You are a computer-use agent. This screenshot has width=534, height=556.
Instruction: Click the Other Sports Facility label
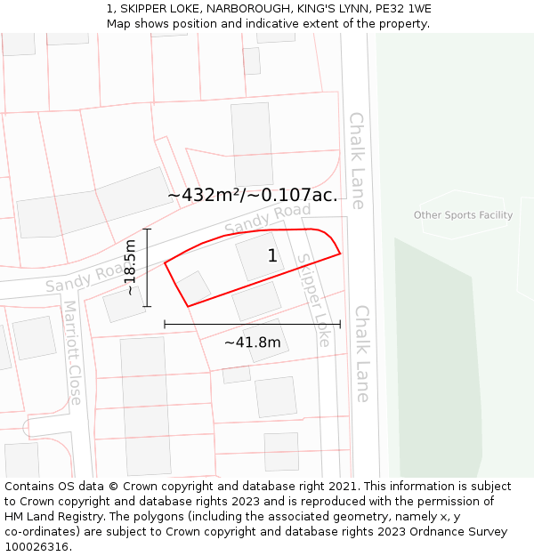463,215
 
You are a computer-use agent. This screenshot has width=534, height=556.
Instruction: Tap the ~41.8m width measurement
252,342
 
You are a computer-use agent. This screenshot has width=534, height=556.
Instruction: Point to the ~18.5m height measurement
130,267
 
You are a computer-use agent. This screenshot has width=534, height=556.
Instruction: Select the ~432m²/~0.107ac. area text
253,195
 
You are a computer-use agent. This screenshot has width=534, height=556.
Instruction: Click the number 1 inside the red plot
272,256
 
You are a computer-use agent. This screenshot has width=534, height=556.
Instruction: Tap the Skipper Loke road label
314,300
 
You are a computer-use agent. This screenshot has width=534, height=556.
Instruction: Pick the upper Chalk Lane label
357,160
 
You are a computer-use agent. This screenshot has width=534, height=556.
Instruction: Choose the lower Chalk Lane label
362,354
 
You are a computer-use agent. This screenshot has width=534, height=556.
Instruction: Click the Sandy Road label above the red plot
267,219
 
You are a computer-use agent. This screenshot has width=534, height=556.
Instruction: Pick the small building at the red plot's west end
193,287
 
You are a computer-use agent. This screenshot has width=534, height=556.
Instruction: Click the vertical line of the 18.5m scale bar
148,267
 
